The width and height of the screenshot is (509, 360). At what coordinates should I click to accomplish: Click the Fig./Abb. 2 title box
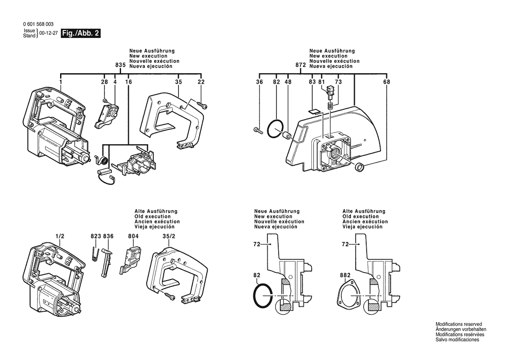(81, 34)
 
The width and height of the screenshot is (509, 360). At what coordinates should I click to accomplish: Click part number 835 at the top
(121, 65)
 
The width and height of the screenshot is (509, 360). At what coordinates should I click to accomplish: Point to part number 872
(300, 65)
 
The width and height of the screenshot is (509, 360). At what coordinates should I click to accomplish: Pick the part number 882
(346, 275)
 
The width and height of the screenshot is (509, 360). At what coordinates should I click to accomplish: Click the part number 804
(134, 236)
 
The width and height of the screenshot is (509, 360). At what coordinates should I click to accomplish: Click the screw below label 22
(202, 105)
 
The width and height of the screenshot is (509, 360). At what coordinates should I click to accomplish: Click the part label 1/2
(60, 236)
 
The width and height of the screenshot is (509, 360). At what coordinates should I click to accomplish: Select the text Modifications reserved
(458, 324)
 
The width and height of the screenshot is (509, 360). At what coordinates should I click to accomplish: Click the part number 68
(387, 82)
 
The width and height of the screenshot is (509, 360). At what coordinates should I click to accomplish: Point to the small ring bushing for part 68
(360, 167)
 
